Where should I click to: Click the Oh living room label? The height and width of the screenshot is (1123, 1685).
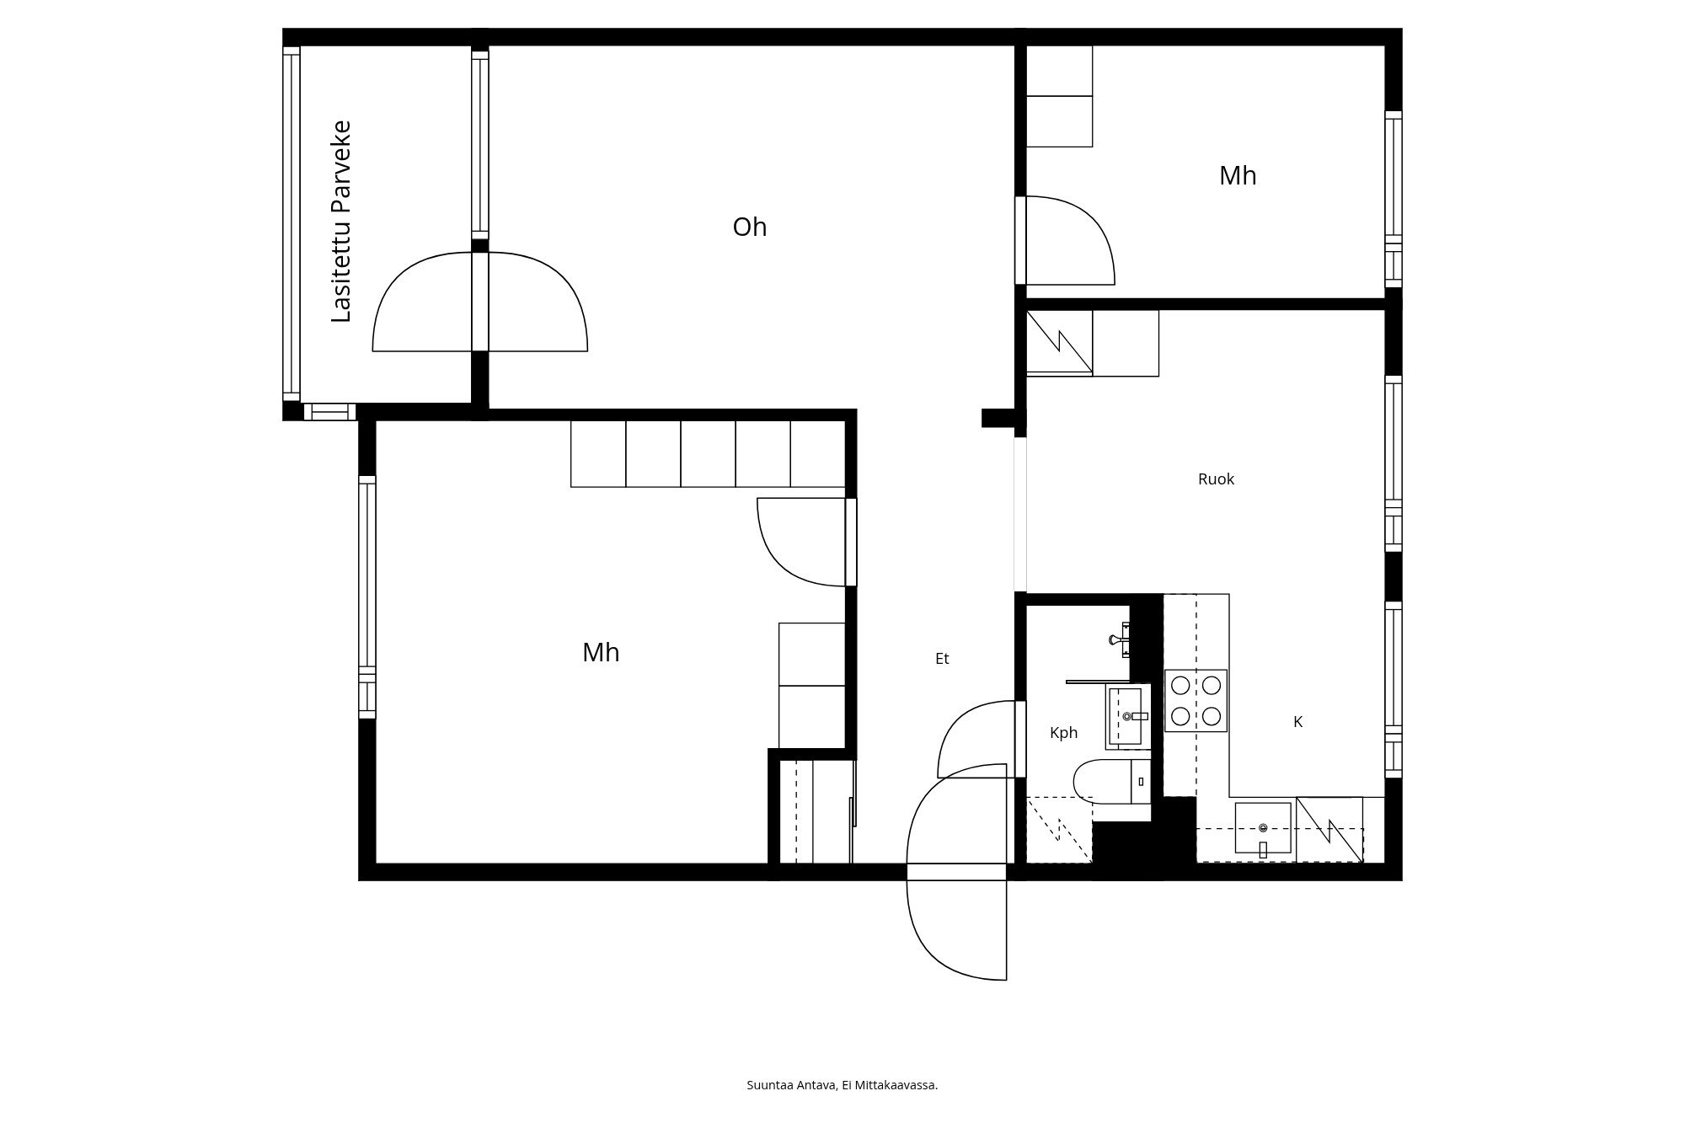(x=749, y=227)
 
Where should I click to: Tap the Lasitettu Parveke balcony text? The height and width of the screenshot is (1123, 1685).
(x=341, y=222)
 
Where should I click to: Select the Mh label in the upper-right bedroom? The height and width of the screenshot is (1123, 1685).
(x=1237, y=176)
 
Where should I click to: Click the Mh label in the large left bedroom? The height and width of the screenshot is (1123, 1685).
(x=601, y=653)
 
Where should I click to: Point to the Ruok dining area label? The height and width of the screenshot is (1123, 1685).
(x=1215, y=479)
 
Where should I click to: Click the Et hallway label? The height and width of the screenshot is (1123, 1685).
(x=942, y=659)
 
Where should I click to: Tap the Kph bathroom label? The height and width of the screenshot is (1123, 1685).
(x=1063, y=733)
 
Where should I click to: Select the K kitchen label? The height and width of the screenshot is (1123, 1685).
(x=1297, y=722)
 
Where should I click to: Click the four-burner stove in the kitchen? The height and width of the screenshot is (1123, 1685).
(x=1196, y=701)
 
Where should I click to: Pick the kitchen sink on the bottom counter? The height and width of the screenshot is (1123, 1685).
(x=1262, y=828)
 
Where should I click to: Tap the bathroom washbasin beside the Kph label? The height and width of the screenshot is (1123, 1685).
(x=1127, y=716)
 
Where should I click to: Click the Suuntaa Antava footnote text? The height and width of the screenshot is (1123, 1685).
(x=842, y=1085)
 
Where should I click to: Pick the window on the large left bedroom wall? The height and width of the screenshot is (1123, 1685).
(x=366, y=596)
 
